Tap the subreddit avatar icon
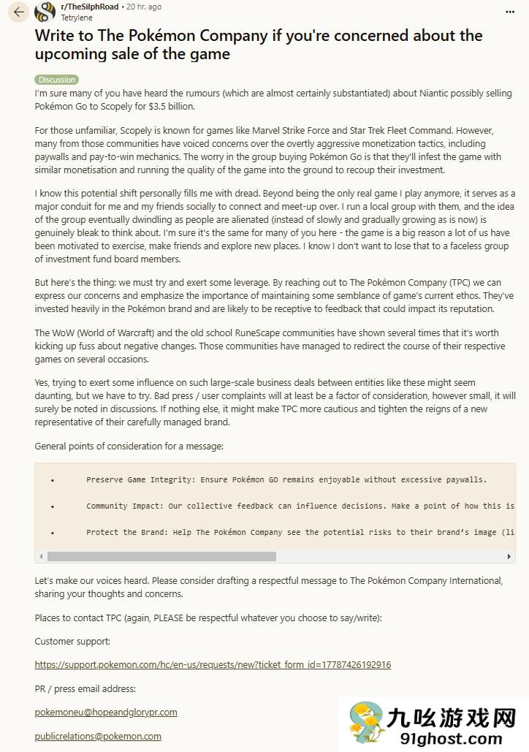tap(45, 12)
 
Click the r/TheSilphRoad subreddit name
tap(89, 7)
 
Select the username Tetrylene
tap(77, 17)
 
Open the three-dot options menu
tap(509, 12)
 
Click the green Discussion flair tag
tap(56, 80)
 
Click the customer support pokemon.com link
tap(213, 664)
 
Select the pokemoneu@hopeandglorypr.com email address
tap(106, 712)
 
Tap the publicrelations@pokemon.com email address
tap(98, 736)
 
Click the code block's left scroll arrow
tap(41, 556)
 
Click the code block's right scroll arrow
tap(509, 556)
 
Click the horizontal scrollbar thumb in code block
tap(161, 556)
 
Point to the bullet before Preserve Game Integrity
tap(53, 480)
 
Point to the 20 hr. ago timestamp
tap(144, 7)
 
